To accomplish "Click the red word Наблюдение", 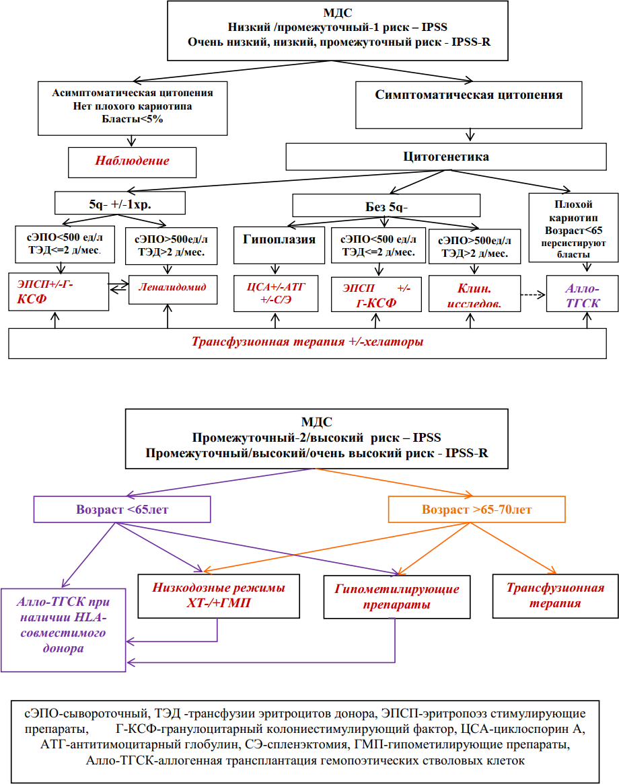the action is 132,161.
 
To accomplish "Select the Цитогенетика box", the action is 446,157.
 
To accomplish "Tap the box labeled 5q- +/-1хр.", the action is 120,204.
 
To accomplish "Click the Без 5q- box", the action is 386,206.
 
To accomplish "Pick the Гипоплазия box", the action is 279,245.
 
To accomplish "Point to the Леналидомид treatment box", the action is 173,290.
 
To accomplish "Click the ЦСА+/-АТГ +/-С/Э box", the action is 276,294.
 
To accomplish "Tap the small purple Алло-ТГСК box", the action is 582,294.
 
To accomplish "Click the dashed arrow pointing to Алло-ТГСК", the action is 533,295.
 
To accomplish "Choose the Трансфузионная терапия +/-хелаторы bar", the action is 307,344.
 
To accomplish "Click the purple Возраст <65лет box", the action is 122,510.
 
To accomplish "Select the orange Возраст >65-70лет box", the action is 477,510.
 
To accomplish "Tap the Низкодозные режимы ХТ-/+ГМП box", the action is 219,596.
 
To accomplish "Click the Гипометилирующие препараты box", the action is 397,597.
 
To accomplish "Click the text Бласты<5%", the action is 133,119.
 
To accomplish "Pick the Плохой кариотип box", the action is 573,228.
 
